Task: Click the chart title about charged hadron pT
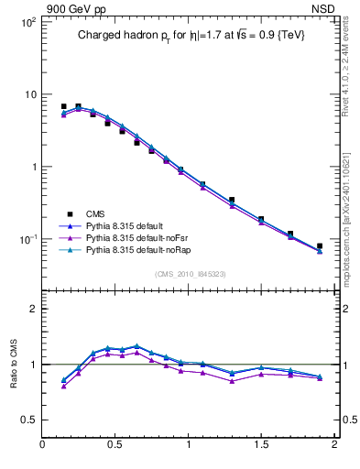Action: [190, 36]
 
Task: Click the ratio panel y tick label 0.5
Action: [27, 420]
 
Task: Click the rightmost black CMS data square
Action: [320, 246]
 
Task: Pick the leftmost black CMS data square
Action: [64, 107]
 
